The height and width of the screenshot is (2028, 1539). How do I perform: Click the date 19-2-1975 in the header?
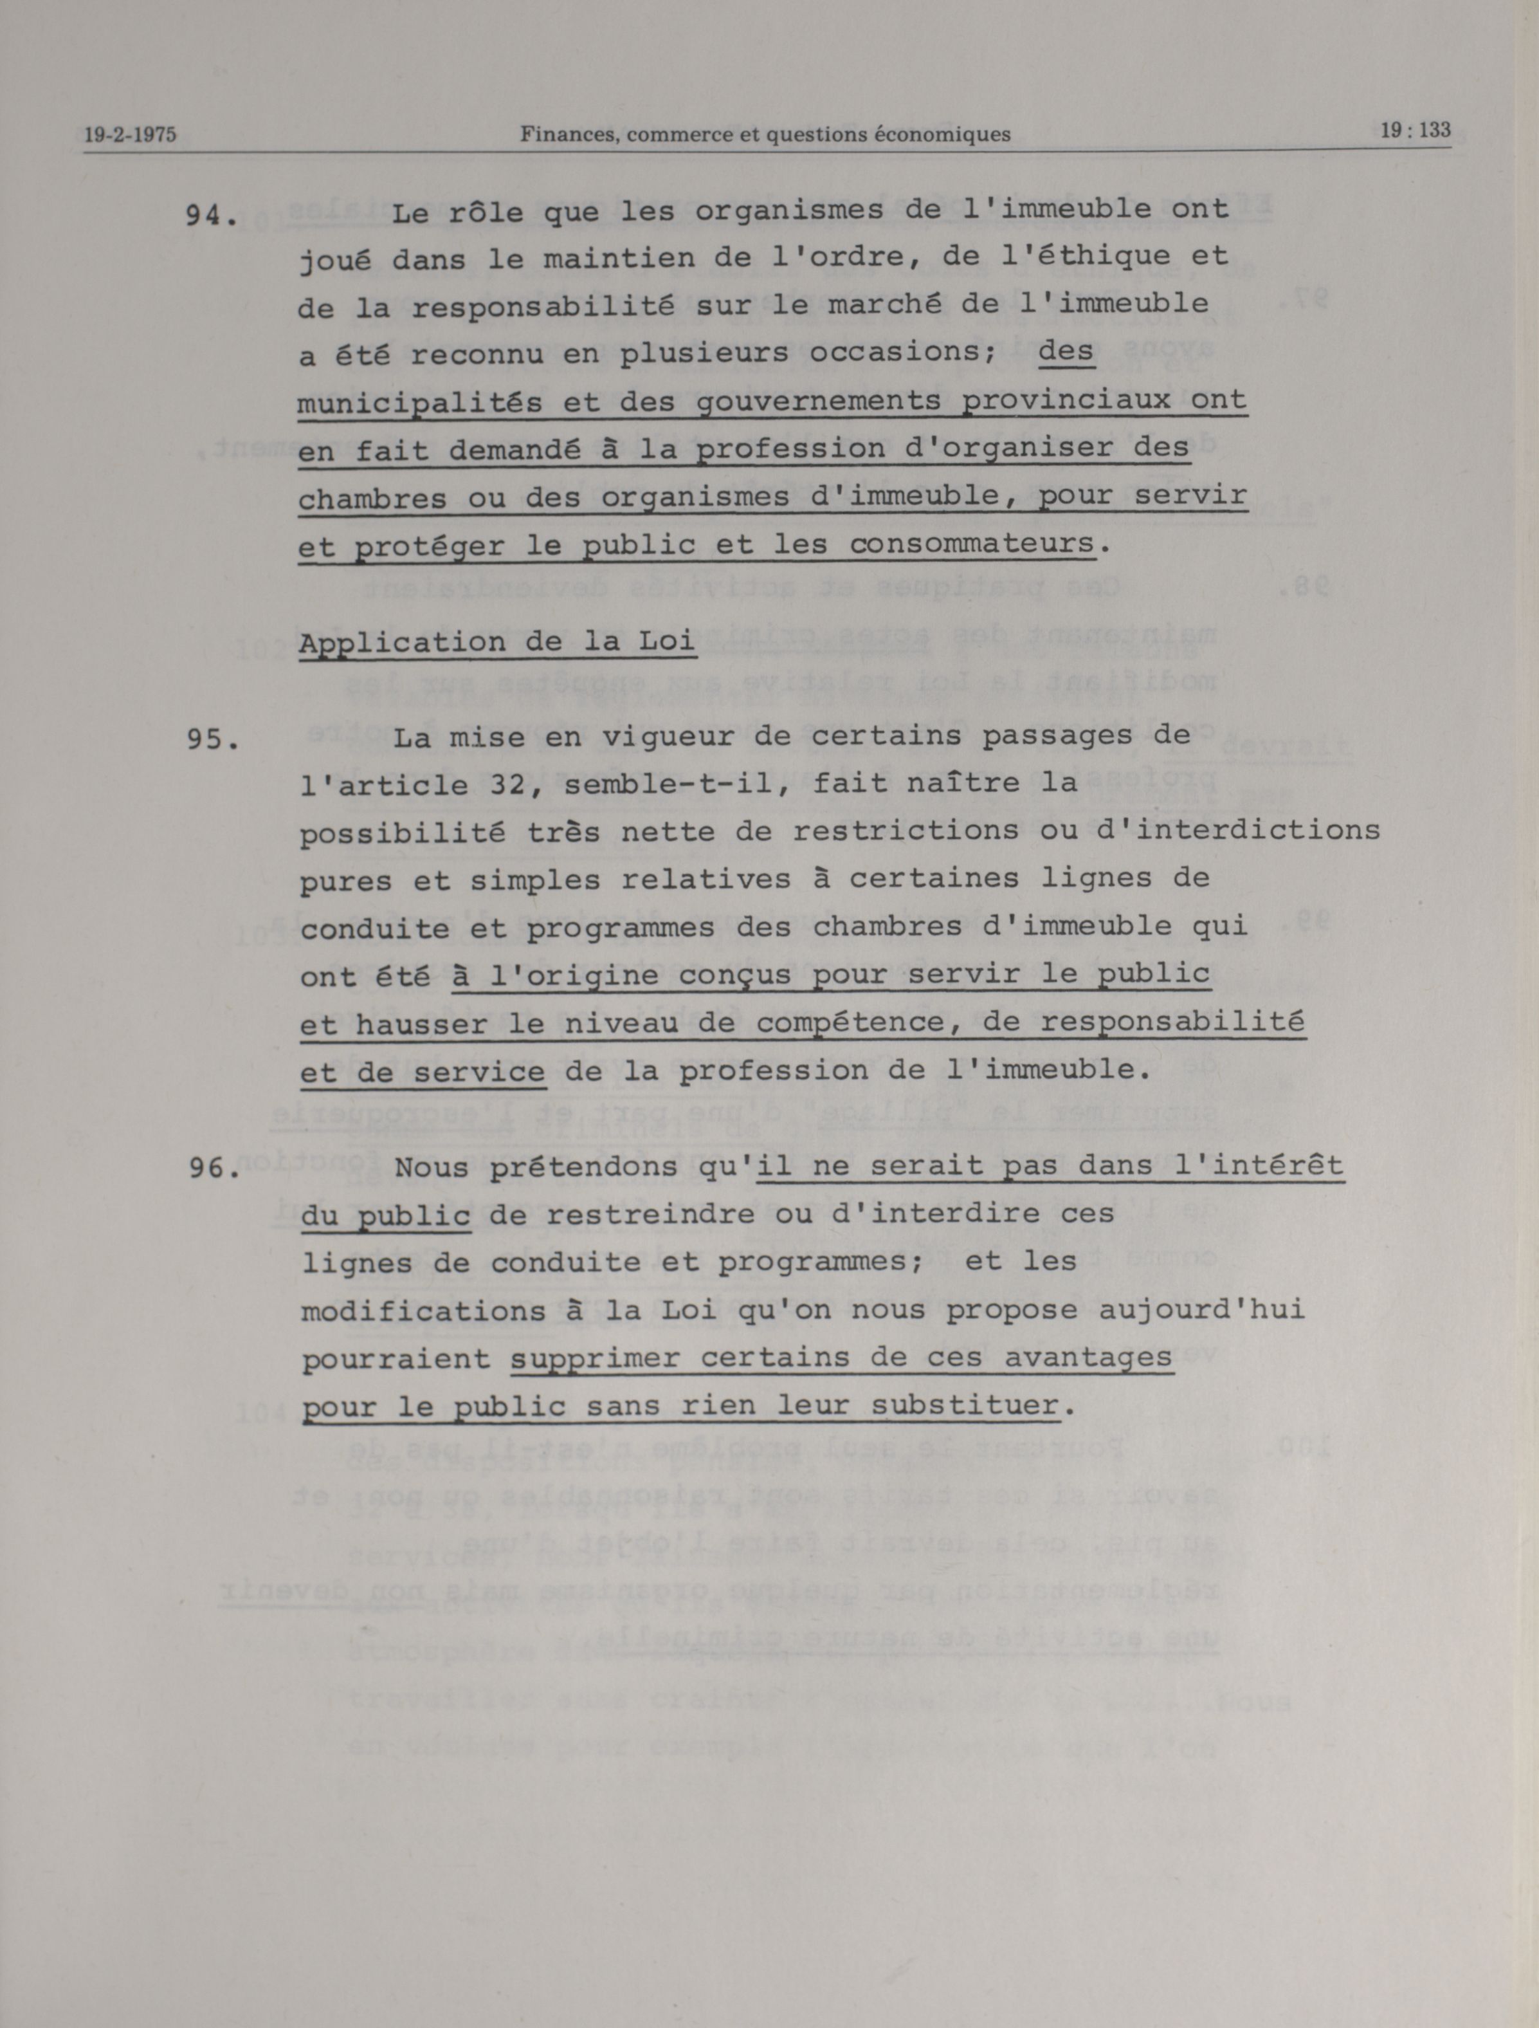pos(130,134)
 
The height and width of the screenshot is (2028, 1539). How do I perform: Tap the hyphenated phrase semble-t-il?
pos(675,784)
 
